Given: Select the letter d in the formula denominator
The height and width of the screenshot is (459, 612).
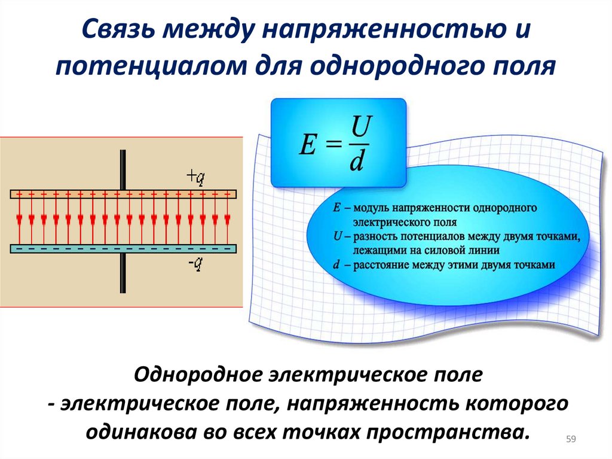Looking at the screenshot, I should [357, 162].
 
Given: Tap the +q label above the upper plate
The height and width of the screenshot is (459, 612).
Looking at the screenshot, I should [195, 177].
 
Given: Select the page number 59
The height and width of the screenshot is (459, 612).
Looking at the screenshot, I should [570, 440].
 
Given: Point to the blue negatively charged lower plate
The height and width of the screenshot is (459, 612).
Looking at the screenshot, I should [123, 248].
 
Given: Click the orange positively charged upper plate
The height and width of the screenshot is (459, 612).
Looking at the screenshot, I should [123, 194].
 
